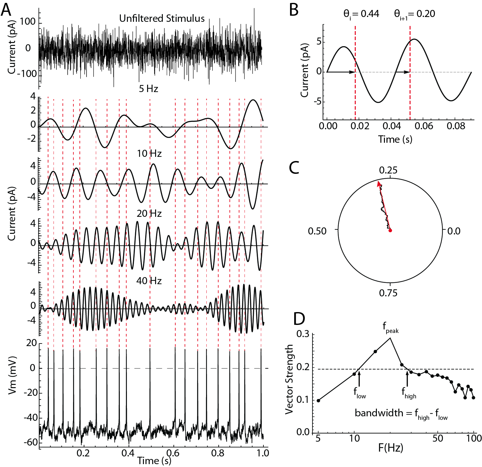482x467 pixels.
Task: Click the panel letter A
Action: pos(6,10)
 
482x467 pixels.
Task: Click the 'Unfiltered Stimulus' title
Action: pos(162,19)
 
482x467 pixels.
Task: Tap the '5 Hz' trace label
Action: pos(148,89)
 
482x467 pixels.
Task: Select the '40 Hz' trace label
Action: pos(149,281)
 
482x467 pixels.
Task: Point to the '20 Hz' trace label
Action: pos(149,214)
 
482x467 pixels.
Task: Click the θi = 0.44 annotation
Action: pos(361,14)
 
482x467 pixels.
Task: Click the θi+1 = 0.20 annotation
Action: pos(414,14)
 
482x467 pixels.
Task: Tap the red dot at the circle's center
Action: pos(390,230)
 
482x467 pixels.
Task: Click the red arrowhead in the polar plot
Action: pos(379,184)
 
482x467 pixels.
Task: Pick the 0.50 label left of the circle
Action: pos(317,231)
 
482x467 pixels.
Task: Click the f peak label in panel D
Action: pos(390,327)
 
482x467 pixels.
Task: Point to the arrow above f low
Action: pos(359,378)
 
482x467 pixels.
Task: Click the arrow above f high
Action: pos(407,378)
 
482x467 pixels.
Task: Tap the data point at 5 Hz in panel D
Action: pos(318,400)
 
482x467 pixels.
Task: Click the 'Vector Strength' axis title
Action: pos(289,379)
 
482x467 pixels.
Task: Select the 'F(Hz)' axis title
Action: pos(390,448)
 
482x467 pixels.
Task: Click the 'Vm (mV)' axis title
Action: pos(12,375)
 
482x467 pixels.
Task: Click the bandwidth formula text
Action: pos(401,413)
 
